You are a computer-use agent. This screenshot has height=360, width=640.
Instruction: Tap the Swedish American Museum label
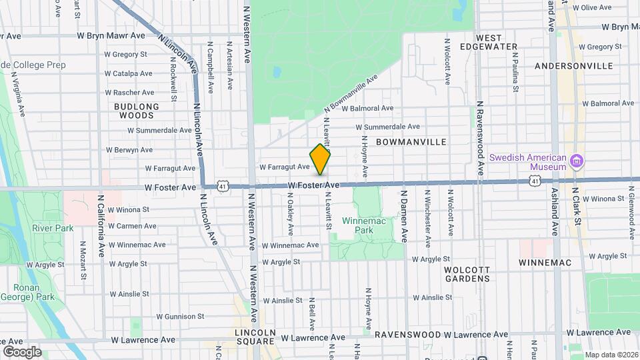click(528, 162)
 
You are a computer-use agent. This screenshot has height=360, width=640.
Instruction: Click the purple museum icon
click(577, 161)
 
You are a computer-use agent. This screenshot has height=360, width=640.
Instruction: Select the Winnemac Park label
click(357, 225)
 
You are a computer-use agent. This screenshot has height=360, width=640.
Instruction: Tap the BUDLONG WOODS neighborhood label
click(137, 111)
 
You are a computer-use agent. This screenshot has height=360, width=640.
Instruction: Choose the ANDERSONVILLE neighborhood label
click(574, 66)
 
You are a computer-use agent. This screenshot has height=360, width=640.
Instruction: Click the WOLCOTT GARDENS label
click(467, 273)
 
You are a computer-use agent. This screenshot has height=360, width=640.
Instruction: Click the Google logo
click(21, 352)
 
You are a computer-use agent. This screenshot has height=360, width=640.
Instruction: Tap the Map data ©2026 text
click(611, 355)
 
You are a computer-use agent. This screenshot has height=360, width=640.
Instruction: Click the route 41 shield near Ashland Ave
click(535, 181)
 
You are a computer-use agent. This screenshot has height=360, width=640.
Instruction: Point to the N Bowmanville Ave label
click(351, 93)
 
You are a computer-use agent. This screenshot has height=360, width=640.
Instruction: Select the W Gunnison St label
click(180, 316)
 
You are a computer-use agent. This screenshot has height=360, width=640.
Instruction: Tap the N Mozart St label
click(83, 260)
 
